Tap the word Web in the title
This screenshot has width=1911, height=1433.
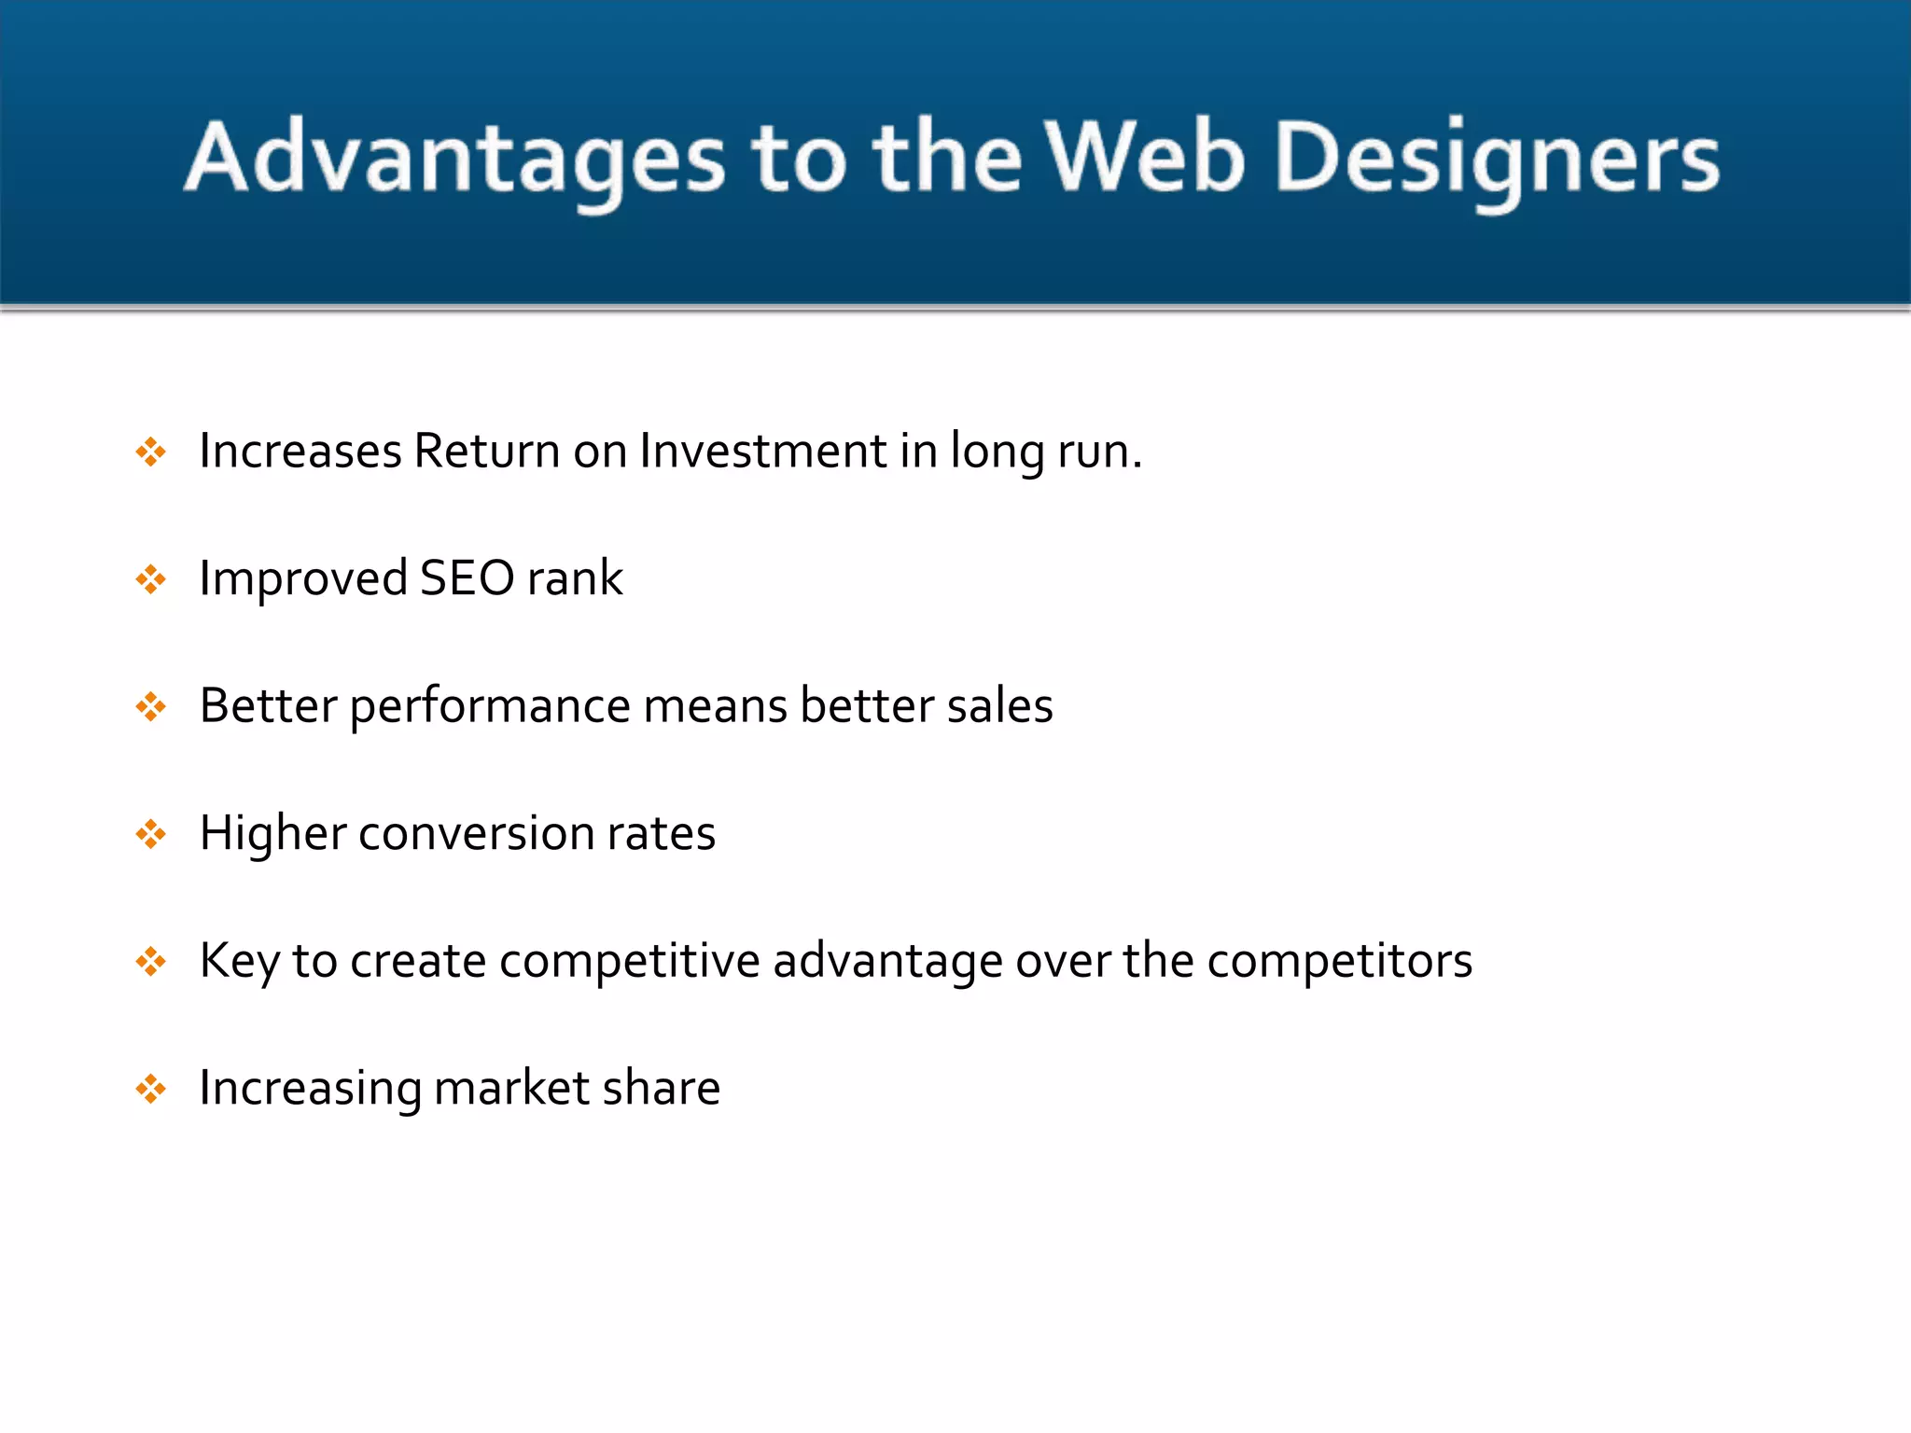1144,157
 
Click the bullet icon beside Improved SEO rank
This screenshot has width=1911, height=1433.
150,579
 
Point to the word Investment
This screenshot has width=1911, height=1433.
762,451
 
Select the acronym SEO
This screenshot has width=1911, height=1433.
467,578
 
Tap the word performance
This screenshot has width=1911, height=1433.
490,707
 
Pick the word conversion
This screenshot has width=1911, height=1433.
476,833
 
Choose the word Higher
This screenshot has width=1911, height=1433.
272,833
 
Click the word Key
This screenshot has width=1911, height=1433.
240,961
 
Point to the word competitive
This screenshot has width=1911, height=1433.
629,961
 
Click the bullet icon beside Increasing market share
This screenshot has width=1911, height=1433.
150,1089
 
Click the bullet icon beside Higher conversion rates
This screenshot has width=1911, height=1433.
150,834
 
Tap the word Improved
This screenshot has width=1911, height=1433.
303,579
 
